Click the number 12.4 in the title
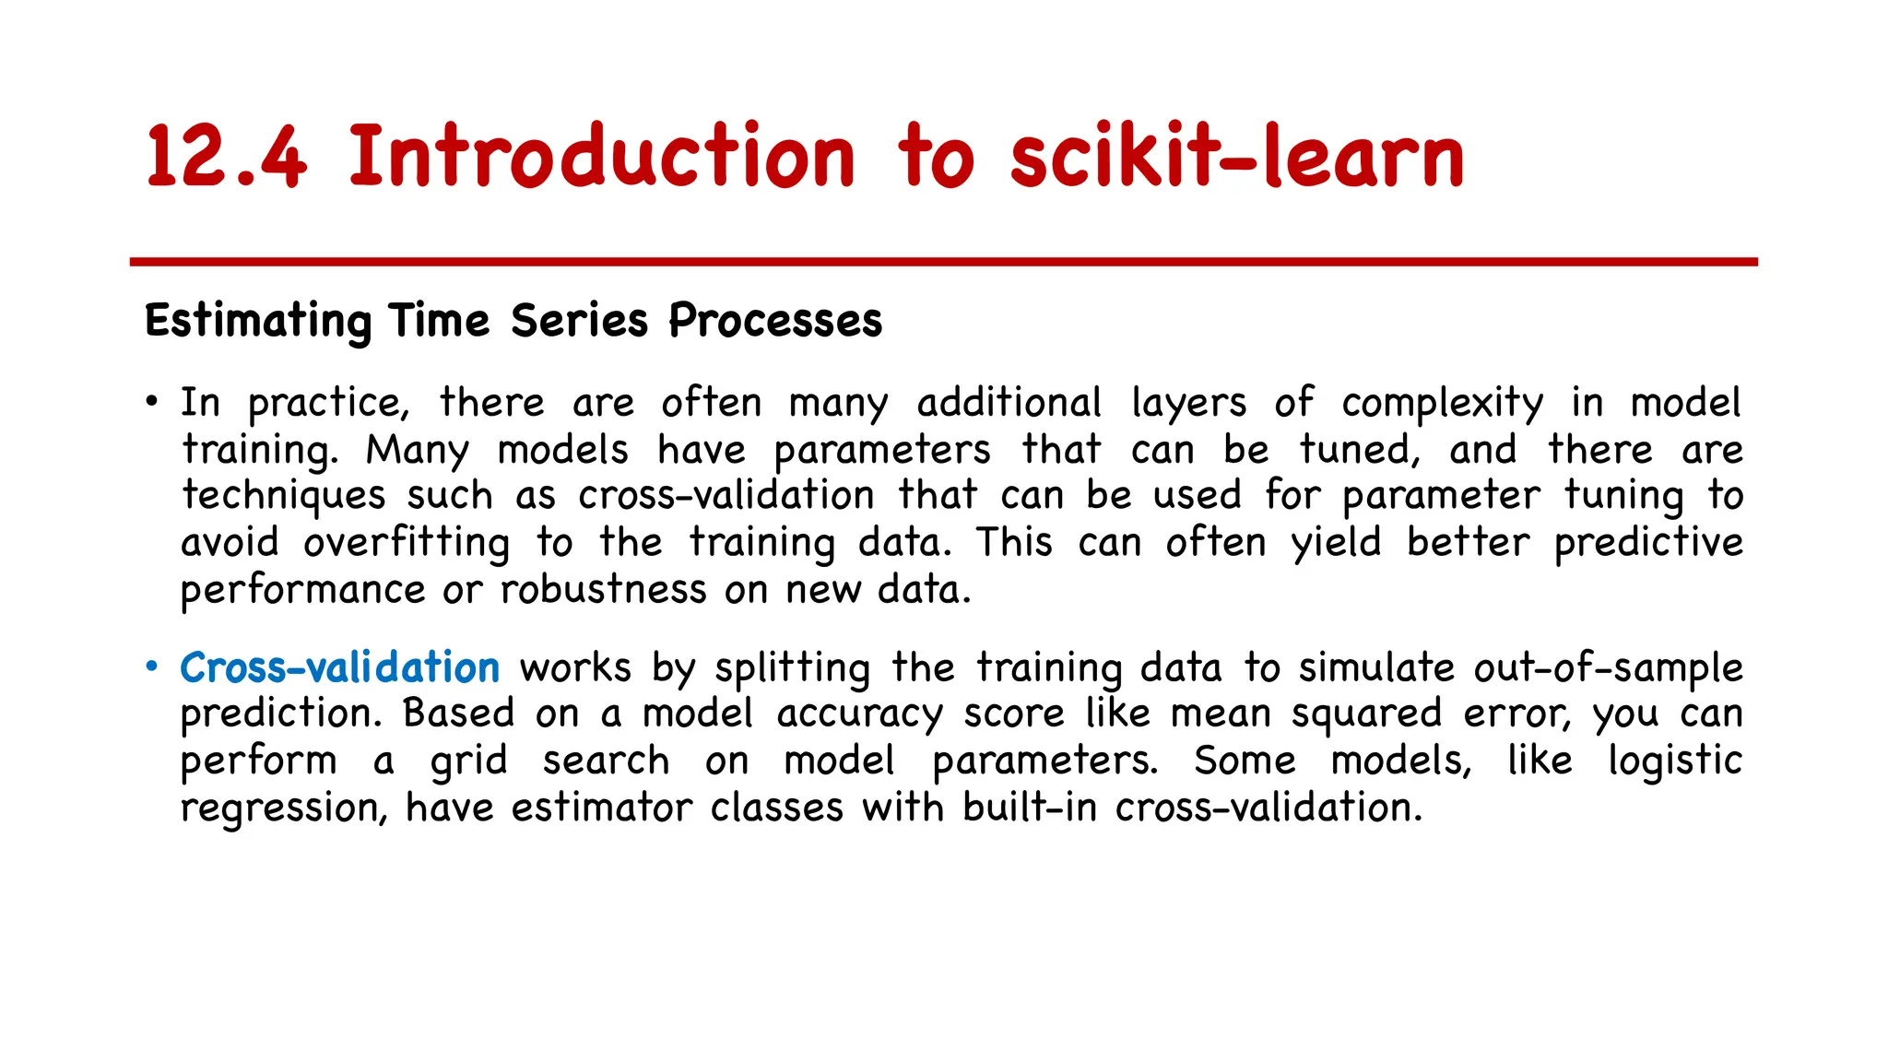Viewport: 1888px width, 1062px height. click(x=226, y=157)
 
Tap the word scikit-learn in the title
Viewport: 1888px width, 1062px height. click(x=1236, y=157)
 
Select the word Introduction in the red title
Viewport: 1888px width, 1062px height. click(x=602, y=157)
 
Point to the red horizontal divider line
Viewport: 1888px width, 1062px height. click(x=943, y=263)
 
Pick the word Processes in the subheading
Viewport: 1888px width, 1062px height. click(x=775, y=322)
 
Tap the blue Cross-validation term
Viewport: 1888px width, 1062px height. click(x=339, y=667)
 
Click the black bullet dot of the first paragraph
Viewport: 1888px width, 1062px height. click(x=152, y=402)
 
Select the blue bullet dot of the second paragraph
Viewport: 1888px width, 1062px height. click(x=152, y=667)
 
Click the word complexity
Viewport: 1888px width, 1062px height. click(x=1442, y=404)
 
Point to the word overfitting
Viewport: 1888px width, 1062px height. click(x=407, y=543)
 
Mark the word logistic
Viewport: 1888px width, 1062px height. click(x=1675, y=761)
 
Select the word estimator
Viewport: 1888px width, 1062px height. click(x=601, y=808)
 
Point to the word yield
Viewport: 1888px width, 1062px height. click(x=1336, y=543)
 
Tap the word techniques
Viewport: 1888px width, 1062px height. click(x=283, y=496)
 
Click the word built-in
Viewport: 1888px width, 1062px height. click(x=1030, y=808)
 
